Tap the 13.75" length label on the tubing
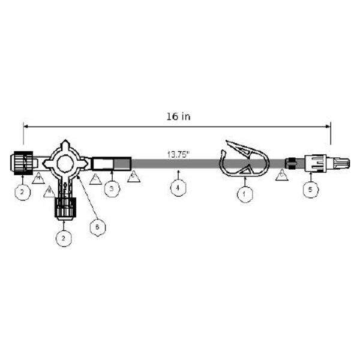point(178,154)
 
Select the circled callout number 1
point(244,193)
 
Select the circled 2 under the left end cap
point(23,192)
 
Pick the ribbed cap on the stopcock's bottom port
point(64,208)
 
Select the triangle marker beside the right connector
point(283,175)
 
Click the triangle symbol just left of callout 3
point(94,178)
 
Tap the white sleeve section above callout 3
point(103,163)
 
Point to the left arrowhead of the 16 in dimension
point(25,125)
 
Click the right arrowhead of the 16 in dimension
point(329,125)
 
